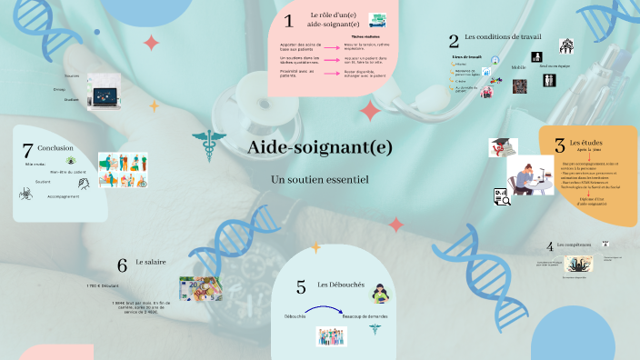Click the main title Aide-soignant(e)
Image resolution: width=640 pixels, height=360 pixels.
click(319, 148)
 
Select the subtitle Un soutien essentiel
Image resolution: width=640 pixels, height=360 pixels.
click(319, 180)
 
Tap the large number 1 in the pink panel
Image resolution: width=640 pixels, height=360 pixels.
click(288, 21)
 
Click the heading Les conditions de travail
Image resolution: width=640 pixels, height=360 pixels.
click(503, 36)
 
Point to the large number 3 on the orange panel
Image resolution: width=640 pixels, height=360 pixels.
click(559, 144)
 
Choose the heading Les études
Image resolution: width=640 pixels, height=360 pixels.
click(585, 143)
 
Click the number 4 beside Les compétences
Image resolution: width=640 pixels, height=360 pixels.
click(549, 246)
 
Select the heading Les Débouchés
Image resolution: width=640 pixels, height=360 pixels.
click(341, 285)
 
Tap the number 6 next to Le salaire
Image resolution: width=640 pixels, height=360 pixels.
click(122, 265)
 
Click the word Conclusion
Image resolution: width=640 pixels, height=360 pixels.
click(55, 147)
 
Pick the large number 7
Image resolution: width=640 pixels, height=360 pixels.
click(27, 151)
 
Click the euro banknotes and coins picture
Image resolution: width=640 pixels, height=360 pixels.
click(199, 290)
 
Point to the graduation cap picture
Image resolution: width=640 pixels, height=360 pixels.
click(503, 148)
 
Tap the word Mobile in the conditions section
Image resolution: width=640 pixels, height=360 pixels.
click(519, 67)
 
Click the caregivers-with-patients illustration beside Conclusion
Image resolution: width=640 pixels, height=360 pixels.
click(122, 170)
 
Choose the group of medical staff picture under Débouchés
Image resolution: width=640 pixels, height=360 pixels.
click(332, 335)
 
